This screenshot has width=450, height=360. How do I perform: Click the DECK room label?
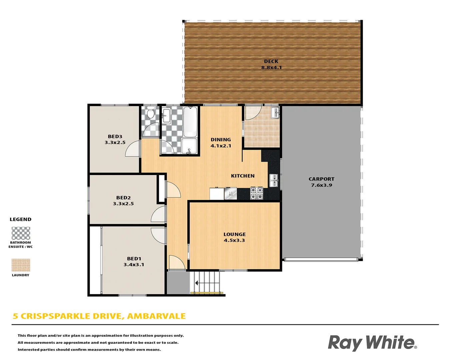[x=271, y=61]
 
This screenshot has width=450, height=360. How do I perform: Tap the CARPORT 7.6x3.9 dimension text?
[x=321, y=185]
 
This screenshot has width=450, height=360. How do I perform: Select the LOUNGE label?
[x=234, y=234]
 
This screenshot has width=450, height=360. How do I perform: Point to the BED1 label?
[x=134, y=259]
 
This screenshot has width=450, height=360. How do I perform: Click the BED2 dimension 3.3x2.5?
[x=123, y=204]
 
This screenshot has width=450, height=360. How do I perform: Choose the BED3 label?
[x=115, y=136]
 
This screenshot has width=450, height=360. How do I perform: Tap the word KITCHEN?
[x=243, y=176]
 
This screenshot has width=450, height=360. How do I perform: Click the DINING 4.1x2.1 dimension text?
[x=221, y=146]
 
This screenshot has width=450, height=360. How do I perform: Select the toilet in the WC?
[x=151, y=114]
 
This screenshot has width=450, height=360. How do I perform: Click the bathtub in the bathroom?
[x=190, y=122]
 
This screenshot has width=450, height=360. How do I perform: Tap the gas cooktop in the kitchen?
[x=257, y=193]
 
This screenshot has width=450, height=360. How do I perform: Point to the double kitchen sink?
[x=274, y=180]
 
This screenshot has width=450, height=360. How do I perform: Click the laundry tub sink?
[x=275, y=113]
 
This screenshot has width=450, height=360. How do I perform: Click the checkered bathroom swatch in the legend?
[x=21, y=233]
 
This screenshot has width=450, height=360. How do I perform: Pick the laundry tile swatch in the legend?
[x=21, y=265]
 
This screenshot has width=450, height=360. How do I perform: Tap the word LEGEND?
[x=20, y=219]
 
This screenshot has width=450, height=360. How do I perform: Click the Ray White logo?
[x=372, y=343]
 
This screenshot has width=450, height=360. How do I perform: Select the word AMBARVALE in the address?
[x=156, y=316]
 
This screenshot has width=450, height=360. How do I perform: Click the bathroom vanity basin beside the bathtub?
[x=166, y=115]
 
